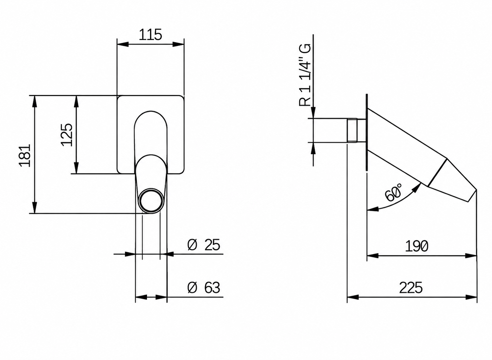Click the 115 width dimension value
point(150,35)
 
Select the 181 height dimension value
point(25,156)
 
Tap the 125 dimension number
point(66,135)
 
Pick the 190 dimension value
point(417,246)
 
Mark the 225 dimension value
point(411,288)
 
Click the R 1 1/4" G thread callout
point(305,75)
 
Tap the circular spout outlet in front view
point(151,201)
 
